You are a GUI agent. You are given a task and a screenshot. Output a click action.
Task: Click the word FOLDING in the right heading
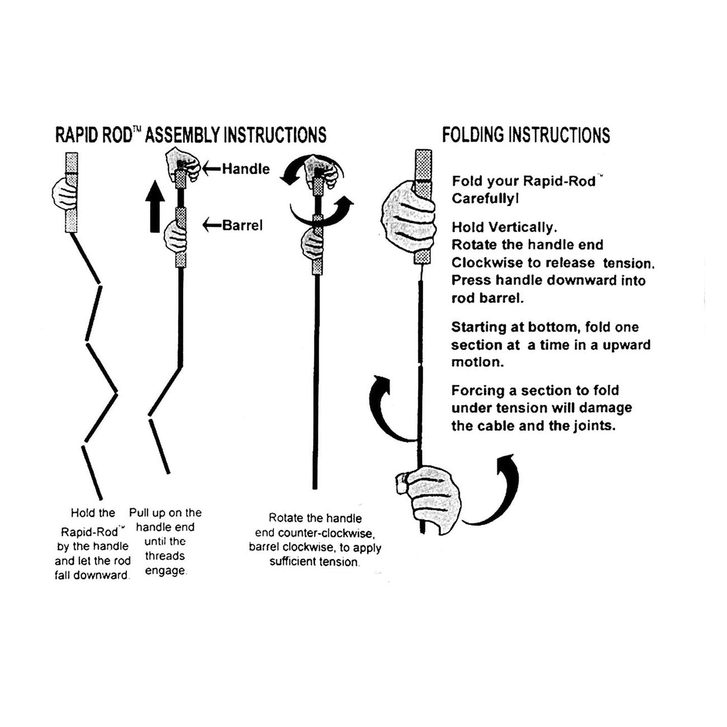tap(473, 135)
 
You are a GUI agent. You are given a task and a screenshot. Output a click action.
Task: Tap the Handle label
tap(246, 168)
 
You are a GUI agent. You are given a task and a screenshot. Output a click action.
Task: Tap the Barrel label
tap(242, 225)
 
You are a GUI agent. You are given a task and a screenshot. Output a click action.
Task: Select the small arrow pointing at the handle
tap(212, 168)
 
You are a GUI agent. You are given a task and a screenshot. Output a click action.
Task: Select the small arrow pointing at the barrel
tap(212, 225)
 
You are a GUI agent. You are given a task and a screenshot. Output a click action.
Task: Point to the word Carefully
tap(484, 199)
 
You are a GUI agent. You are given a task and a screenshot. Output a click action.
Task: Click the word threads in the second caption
tap(165, 556)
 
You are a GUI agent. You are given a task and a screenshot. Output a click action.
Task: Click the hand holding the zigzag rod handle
tap(63, 193)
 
